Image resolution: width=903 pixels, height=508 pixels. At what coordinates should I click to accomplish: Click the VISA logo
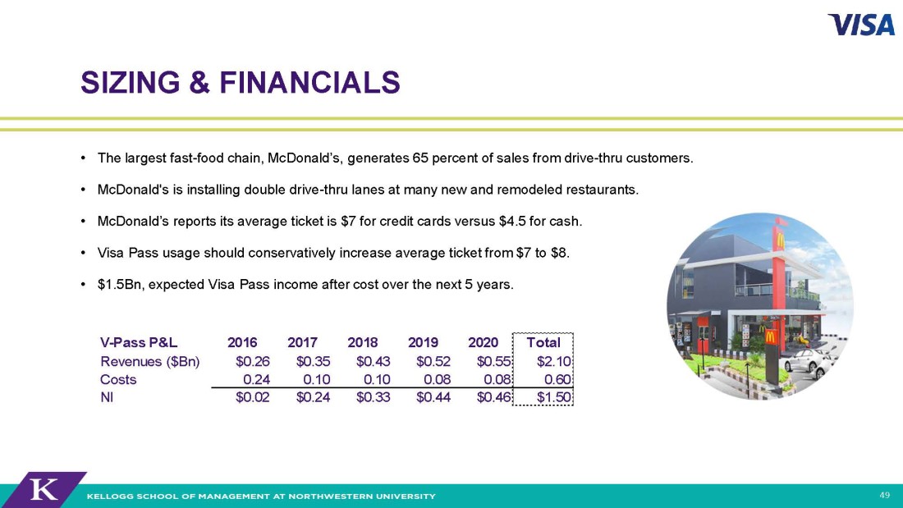[x=861, y=25]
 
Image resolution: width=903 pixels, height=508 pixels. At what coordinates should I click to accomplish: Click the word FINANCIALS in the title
[x=309, y=82]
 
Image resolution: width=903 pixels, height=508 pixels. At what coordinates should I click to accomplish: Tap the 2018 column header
[x=362, y=342]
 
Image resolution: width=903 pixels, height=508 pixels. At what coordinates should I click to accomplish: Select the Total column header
[x=543, y=342]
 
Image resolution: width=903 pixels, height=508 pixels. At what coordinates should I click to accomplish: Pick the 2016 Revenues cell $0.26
[x=252, y=361]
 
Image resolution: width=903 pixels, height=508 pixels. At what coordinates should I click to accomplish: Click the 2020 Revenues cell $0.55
[x=493, y=361]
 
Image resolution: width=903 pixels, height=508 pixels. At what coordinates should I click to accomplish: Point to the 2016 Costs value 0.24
[x=256, y=379]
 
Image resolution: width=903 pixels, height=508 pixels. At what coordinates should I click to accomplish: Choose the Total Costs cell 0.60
[x=557, y=379]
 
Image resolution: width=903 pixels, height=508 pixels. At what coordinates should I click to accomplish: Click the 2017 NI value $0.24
[x=313, y=397]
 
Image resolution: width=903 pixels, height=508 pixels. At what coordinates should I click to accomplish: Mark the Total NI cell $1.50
[x=553, y=397]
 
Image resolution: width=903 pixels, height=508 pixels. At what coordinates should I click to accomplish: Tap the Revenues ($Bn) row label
[x=149, y=361]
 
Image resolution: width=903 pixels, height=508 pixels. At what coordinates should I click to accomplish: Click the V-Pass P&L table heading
[x=139, y=342]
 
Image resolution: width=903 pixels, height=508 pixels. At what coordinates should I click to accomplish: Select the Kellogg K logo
[x=44, y=490]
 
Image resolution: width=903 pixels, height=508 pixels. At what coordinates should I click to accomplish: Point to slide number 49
[x=885, y=495]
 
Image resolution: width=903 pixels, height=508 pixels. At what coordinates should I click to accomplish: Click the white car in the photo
[x=808, y=362]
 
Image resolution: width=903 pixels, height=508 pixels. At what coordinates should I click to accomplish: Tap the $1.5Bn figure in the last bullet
[x=119, y=285]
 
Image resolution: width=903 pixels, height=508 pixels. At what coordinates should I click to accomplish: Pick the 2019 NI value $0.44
[x=433, y=397]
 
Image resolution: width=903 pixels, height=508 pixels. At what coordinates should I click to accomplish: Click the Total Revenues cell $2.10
[x=553, y=361]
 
